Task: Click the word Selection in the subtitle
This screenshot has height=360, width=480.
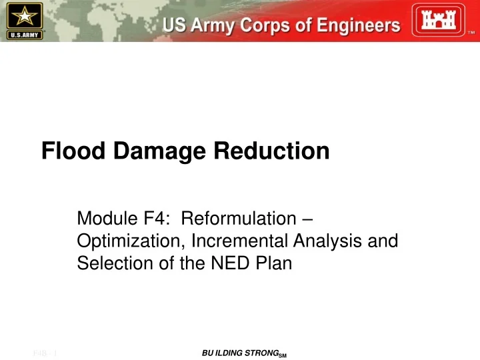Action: point(107,263)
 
